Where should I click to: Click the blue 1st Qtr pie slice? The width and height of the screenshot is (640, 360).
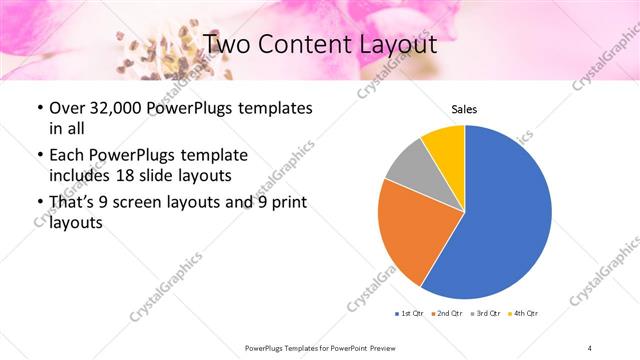[x=505, y=215]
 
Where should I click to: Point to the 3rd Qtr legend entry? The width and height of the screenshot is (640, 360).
[x=487, y=314]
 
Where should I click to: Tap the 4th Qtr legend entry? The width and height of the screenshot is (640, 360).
[x=523, y=314]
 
